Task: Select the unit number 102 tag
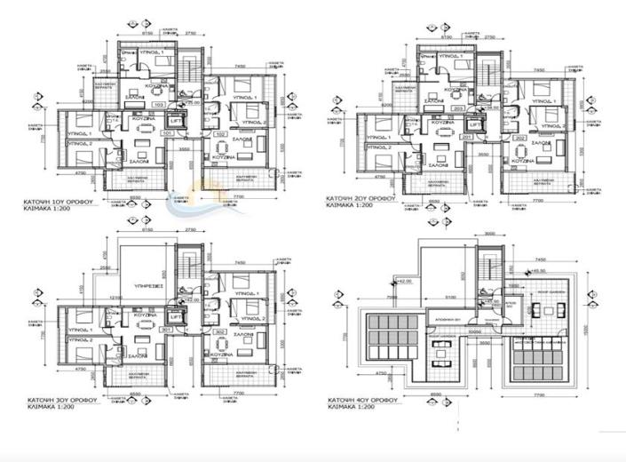220,135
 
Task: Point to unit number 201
467,138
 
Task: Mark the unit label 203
459,108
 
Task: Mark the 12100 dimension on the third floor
116,297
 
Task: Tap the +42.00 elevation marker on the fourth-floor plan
407,280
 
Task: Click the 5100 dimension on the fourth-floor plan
451,298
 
